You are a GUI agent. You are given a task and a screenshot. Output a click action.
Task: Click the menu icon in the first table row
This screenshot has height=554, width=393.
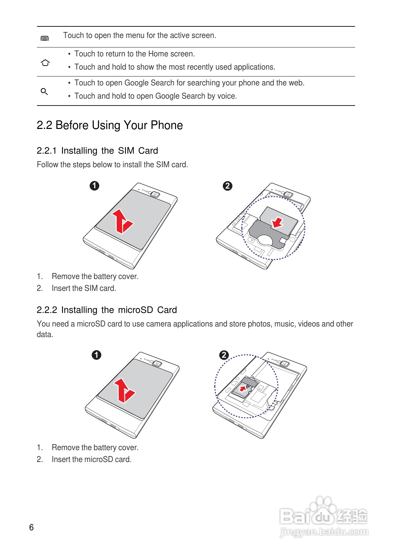pos(45,39)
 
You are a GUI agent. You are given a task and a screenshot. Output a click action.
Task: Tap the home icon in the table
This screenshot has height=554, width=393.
pos(45,63)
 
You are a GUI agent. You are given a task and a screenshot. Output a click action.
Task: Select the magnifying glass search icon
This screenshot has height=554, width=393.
pos(44,91)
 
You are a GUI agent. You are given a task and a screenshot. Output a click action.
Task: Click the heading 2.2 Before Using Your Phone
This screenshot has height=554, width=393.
pos(109,125)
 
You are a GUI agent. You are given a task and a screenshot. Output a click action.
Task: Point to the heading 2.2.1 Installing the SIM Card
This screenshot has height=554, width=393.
pos(97,151)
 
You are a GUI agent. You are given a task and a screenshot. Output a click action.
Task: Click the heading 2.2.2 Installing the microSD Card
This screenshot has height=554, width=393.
pos(106,310)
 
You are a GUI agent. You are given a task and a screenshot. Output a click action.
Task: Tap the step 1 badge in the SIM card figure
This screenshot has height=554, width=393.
pos(94,186)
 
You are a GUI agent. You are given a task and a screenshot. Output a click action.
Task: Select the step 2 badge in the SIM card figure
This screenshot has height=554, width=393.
pos(227,186)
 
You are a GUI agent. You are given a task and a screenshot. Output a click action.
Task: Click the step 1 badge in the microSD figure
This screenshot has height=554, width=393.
pos(96,355)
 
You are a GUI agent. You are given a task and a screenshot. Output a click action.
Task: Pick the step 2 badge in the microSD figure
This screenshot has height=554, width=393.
pos(224,355)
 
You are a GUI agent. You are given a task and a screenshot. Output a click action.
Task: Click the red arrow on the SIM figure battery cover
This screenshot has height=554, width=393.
pos(122,221)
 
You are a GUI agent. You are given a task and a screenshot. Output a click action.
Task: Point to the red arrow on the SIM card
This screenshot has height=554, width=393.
pos(277,222)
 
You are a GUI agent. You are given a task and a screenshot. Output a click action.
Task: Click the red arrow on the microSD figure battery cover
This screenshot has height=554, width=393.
pos(124,390)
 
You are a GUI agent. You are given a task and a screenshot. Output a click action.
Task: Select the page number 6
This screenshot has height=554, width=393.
pos(31,527)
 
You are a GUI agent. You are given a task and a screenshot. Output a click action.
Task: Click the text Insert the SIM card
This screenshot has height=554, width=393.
pos(84,288)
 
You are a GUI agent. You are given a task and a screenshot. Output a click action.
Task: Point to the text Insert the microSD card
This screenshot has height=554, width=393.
pos(91,459)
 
